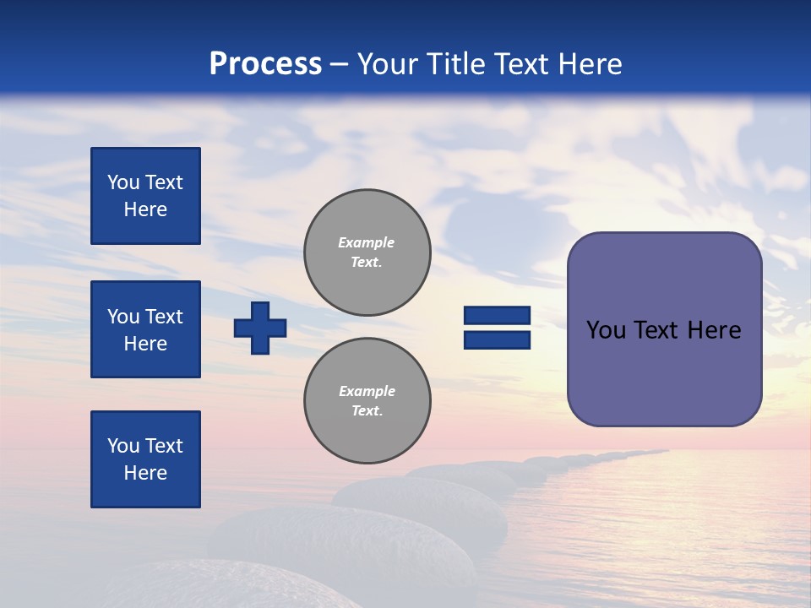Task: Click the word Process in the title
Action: pyautogui.click(x=265, y=64)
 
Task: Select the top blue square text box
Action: pyautogui.click(x=145, y=196)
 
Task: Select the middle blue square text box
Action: pyautogui.click(x=145, y=329)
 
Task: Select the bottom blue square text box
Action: pyautogui.click(x=145, y=459)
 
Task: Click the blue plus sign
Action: pyautogui.click(x=260, y=328)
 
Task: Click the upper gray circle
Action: pyautogui.click(x=367, y=252)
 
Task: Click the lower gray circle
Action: pyautogui.click(x=367, y=401)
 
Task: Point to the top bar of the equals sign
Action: pyautogui.click(x=497, y=316)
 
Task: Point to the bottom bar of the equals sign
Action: pyautogui.click(x=497, y=340)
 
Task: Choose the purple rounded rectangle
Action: pyautogui.click(x=664, y=329)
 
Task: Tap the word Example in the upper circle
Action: pyautogui.click(x=367, y=242)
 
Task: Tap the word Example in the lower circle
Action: pyautogui.click(x=367, y=391)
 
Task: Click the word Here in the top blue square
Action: pyautogui.click(x=145, y=209)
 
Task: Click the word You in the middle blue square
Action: pyautogui.click(x=123, y=317)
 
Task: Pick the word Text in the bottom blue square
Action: pyautogui.click(x=163, y=446)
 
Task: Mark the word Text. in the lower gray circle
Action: pyautogui.click(x=367, y=411)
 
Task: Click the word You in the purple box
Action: pyautogui.click(x=606, y=330)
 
